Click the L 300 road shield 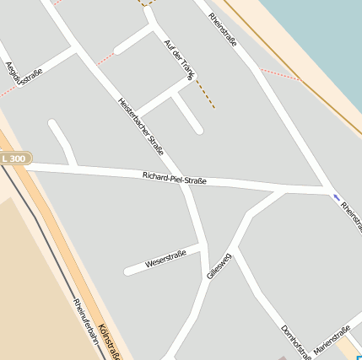pos(14,159)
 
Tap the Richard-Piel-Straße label pos(175,179)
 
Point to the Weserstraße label pos(165,259)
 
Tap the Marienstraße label pos(331,340)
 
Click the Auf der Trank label pos(179,60)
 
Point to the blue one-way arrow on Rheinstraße pos(337,197)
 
